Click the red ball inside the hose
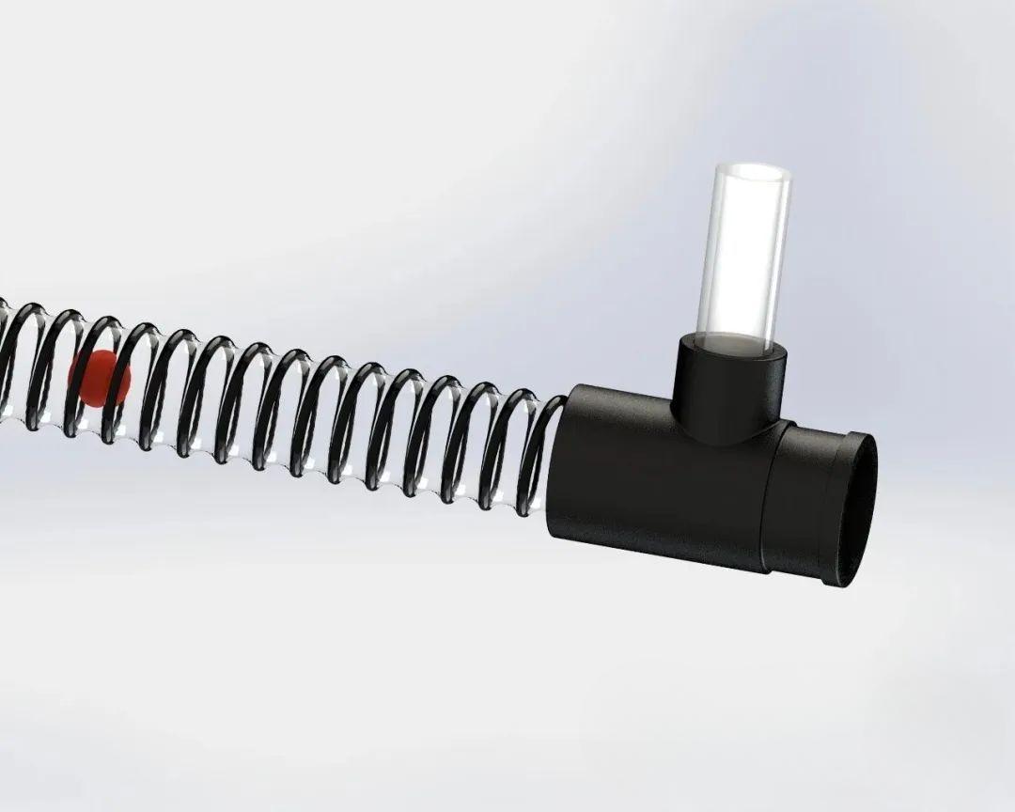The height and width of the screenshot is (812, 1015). click(x=97, y=378)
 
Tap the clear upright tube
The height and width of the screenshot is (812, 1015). click(x=742, y=254)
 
